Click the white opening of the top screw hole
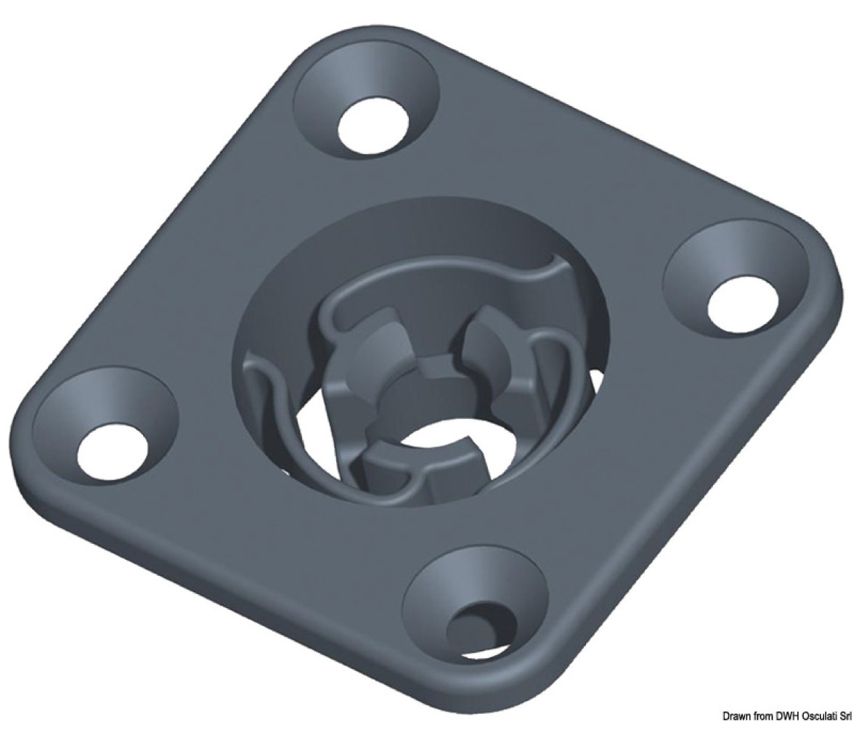click(373, 126)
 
